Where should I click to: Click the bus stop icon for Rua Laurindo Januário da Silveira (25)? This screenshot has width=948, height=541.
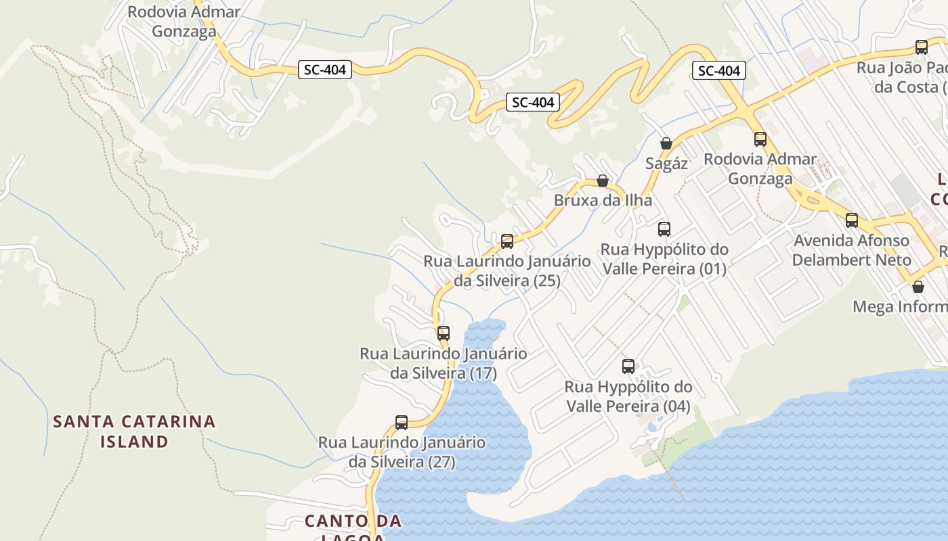click(x=507, y=241)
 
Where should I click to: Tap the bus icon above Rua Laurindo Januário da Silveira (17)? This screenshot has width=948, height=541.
click(x=444, y=333)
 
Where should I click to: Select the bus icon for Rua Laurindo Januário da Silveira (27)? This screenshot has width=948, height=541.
click(x=402, y=423)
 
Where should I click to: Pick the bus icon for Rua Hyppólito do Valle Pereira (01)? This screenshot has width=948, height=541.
click(x=664, y=229)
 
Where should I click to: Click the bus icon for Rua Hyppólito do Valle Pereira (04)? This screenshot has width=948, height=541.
click(x=628, y=367)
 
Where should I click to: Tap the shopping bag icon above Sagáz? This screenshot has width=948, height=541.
click(x=666, y=143)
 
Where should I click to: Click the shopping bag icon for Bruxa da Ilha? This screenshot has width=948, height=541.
click(x=603, y=181)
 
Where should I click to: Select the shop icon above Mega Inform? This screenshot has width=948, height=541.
click(x=918, y=287)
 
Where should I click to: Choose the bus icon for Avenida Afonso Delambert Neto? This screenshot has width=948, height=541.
click(x=852, y=220)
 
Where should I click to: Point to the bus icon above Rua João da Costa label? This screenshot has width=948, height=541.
click(x=922, y=47)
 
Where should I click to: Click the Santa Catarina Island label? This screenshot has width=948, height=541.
click(x=134, y=431)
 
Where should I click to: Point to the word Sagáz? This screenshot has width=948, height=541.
click(x=666, y=163)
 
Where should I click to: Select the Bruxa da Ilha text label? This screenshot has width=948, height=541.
click(x=603, y=200)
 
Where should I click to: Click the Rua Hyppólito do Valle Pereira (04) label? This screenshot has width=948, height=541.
click(x=628, y=396)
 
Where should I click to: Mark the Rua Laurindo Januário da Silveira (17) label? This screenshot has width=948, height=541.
click(x=444, y=363)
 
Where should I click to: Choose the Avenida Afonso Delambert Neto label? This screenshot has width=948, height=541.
click(x=851, y=250)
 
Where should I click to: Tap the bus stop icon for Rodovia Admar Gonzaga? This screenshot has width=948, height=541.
click(x=760, y=139)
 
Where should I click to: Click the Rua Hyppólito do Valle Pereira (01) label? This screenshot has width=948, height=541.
click(x=664, y=259)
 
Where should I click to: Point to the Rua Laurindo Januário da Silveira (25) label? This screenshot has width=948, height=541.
click(x=507, y=270)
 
